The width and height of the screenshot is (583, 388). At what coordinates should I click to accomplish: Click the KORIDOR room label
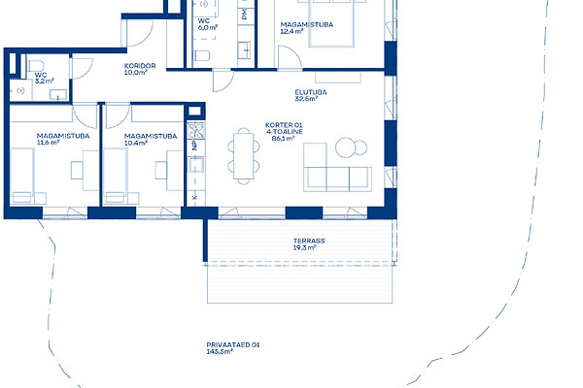pyautogui.click(x=140, y=66)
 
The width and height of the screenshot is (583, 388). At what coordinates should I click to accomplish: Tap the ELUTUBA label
pyautogui.click(x=311, y=92)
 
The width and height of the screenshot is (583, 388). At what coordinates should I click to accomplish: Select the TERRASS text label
pyautogui.click(x=309, y=241)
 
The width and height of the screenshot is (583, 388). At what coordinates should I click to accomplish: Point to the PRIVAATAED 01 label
pyautogui.click(x=233, y=344)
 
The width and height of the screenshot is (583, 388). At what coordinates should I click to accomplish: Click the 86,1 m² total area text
pyautogui.click(x=284, y=139)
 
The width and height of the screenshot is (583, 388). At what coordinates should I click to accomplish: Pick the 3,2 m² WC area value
pyautogui.click(x=45, y=81)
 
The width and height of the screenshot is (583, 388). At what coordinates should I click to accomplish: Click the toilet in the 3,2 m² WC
pyautogui.click(x=36, y=66)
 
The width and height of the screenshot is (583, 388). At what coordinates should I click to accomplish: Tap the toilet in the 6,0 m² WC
pyautogui.click(x=202, y=55)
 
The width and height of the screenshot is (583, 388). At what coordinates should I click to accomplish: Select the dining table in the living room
pyautogui.click(x=244, y=156)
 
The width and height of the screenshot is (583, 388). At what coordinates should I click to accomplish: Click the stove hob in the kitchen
pyautogui.click(x=196, y=131)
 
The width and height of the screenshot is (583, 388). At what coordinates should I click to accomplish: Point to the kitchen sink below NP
pyautogui.click(x=196, y=164)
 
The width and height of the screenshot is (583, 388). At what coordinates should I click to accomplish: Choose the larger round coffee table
pyautogui.click(x=345, y=147)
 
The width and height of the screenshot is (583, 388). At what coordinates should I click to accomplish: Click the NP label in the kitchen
pyautogui.click(x=194, y=145)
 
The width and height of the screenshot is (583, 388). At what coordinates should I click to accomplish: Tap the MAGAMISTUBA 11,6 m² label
pyautogui.click(x=63, y=139)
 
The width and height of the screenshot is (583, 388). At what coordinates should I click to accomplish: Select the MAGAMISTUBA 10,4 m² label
pyautogui.click(x=151, y=140)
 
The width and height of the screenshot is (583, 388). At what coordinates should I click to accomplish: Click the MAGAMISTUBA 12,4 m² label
pyautogui.click(x=307, y=28)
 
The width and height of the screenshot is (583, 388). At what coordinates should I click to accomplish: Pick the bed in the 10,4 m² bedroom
pyautogui.click(x=116, y=176)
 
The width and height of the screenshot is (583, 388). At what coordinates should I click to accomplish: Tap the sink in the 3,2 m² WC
pyautogui.click(x=58, y=95)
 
